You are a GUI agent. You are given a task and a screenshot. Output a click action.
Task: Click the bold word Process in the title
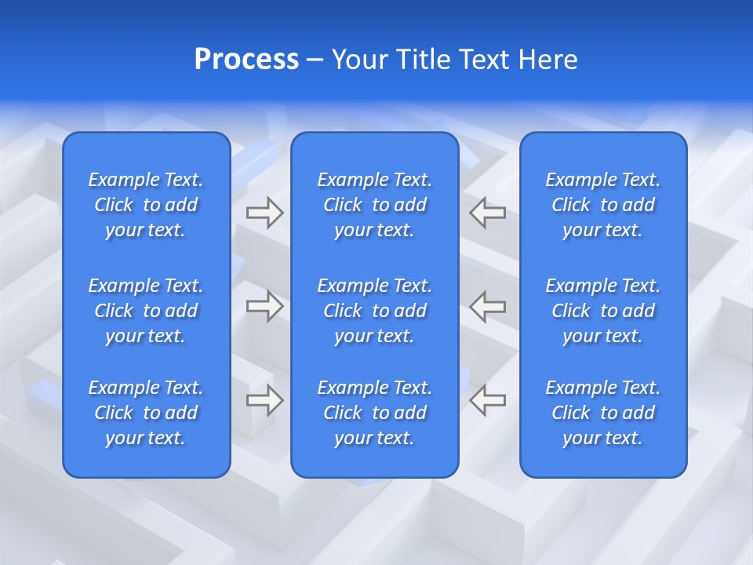246,60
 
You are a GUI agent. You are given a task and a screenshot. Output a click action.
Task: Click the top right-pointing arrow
264,213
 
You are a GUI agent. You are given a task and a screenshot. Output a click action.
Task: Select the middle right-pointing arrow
264,306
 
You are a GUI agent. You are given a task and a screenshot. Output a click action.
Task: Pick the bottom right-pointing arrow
264,400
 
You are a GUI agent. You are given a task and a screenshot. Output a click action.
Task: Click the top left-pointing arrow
487,213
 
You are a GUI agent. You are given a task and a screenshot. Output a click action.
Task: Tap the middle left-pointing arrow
487,306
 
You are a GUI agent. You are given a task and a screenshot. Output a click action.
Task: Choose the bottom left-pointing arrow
487,400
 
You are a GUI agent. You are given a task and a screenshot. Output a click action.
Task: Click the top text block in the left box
146,205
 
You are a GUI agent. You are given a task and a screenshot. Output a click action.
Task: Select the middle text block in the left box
146,311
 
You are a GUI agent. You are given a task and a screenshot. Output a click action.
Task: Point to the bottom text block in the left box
146,413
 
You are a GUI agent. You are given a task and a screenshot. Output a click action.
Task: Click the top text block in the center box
374,205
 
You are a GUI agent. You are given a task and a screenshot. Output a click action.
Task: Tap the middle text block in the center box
374,311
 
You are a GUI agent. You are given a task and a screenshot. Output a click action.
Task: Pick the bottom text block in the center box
374,413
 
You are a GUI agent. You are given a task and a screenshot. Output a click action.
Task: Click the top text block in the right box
602,205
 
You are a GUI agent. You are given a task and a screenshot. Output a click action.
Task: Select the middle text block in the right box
602,311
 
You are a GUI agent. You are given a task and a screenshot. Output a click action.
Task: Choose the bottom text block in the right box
602,413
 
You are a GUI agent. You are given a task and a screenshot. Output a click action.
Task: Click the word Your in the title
360,60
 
